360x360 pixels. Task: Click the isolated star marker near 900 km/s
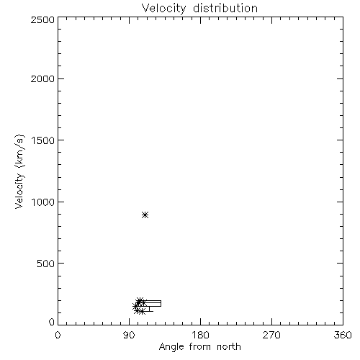pos(145,215)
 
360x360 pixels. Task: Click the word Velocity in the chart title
pos(164,8)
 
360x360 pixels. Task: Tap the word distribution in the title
pos(225,8)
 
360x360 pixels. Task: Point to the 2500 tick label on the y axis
pos(42,19)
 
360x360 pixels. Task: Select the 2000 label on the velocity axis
pos(42,78)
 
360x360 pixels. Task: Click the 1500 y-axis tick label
pos(43,140)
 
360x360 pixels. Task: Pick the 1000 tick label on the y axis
pos(43,202)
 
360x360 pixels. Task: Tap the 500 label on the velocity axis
pos(45,264)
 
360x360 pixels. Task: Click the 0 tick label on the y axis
pos(52,322)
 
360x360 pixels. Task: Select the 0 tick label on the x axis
pos(58,335)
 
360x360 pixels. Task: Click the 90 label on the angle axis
pos(129,335)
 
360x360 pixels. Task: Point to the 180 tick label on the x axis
pos(200,335)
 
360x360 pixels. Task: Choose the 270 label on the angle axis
pos(271,335)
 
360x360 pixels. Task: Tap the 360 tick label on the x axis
pos(343,335)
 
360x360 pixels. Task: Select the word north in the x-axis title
pos(229,346)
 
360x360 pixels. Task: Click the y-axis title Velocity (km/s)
pos(19,171)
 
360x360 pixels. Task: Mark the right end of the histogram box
pos(161,303)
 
